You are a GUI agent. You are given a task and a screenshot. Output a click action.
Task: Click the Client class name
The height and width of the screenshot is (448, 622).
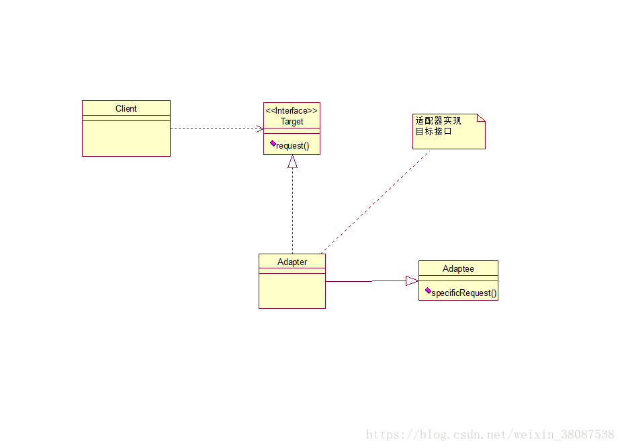pyautogui.click(x=126, y=108)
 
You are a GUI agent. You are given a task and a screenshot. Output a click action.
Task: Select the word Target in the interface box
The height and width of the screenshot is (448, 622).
pyautogui.click(x=292, y=122)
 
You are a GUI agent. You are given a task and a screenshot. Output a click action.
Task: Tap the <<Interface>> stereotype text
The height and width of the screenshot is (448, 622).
pyautogui.click(x=292, y=110)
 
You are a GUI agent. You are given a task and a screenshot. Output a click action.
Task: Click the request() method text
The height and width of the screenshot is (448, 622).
pyautogui.click(x=293, y=145)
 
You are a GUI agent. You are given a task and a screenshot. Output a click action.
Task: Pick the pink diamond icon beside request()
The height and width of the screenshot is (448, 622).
pyautogui.click(x=273, y=143)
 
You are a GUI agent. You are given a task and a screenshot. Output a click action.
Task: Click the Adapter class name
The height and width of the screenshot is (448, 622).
pyautogui.click(x=292, y=262)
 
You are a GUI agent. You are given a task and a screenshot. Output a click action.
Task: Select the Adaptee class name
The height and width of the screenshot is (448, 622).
pyautogui.click(x=458, y=268)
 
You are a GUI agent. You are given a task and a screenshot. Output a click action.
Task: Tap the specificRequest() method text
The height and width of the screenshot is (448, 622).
pyautogui.click(x=464, y=293)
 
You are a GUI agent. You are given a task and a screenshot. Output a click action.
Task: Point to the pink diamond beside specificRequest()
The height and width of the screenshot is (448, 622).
pyautogui.click(x=428, y=291)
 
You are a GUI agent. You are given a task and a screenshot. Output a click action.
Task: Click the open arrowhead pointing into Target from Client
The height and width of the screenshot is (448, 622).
pyautogui.click(x=259, y=128)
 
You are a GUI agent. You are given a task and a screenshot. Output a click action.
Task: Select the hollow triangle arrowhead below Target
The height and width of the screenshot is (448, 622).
pyautogui.click(x=292, y=161)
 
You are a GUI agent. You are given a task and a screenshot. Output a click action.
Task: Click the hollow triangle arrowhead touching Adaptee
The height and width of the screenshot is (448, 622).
pyautogui.click(x=412, y=281)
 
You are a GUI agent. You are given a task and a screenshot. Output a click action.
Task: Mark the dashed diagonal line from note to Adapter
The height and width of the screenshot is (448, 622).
pyautogui.click(x=376, y=201)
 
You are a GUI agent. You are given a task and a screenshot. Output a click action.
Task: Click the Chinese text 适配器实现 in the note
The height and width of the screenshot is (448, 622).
pyautogui.click(x=438, y=121)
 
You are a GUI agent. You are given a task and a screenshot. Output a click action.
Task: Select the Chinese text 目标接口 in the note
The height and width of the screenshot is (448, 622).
pyautogui.click(x=433, y=131)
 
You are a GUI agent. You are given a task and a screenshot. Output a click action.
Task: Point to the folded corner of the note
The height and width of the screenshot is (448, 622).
pyautogui.click(x=481, y=118)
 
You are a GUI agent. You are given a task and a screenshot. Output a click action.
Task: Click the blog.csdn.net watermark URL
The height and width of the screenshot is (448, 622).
pyautogui.click(x=490, y=435)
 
